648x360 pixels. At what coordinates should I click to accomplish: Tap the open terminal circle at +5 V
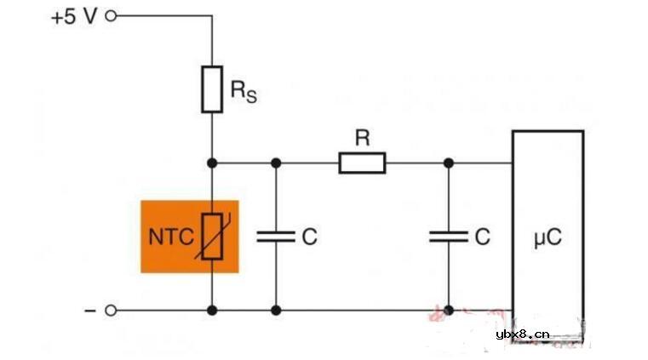[110, 16]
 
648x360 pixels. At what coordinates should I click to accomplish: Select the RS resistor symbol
[211, 89]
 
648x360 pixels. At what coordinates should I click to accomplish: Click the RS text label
[244, 89]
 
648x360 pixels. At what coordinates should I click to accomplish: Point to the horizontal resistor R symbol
[362, 162]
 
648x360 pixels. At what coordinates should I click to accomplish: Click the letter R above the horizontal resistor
[362, 139]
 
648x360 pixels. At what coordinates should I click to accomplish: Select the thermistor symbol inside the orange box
[211, 237]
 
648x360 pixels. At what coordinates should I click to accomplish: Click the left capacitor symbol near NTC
[276, 237]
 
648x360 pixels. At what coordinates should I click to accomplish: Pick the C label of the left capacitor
[309, 237]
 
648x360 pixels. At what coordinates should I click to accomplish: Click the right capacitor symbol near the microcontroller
[449, 237]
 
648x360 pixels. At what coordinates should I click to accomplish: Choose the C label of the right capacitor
[482, 237]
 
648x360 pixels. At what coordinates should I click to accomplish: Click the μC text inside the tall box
[548, 237]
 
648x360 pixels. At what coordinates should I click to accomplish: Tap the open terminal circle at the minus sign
[110, 311]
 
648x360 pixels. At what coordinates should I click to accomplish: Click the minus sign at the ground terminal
[89, 311]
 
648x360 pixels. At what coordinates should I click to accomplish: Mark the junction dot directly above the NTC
[211, 162]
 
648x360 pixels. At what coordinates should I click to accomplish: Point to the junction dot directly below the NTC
[211, 311]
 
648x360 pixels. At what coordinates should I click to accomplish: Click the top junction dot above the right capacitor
[449, 162]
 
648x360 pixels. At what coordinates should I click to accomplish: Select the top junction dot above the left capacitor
[276, 162]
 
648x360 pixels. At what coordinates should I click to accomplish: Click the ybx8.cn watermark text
[523, 334]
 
